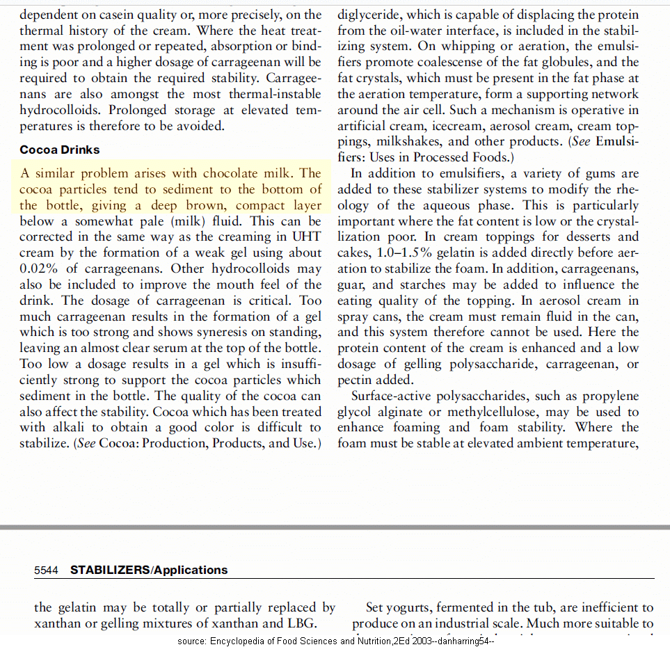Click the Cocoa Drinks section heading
tap(60, 150)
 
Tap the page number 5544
tap(47, 570)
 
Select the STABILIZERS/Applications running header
tap(149, 570)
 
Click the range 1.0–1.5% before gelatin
tap(402, 253)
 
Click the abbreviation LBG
tap(302, 624)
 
